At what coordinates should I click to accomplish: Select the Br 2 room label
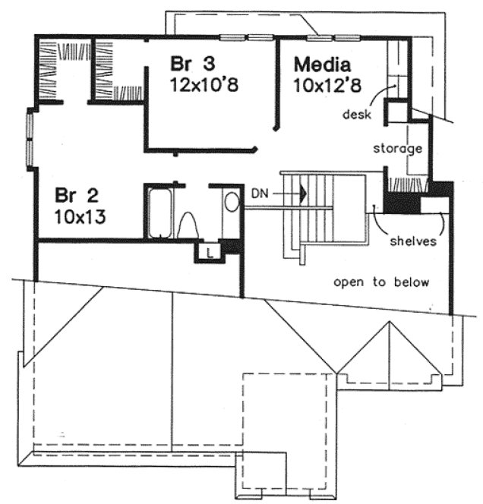[x=71, y=197]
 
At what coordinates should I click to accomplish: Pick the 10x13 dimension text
[x=79, y=216]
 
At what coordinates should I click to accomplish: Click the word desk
[x=354, y=115]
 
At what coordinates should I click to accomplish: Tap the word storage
[x=396, y=149]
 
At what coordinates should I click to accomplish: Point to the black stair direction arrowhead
[x=303, y=194]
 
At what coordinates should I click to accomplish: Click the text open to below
[x=382, y=282]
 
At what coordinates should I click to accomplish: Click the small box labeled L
[x=209, y=250]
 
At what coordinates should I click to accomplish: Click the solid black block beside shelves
[x=399, y=203]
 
